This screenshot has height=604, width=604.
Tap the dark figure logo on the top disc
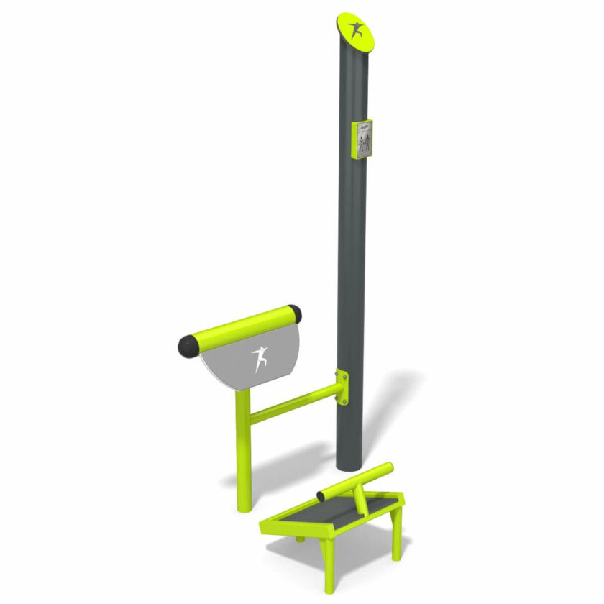coord(357,31)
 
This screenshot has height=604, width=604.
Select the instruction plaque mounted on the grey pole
coord(362,139)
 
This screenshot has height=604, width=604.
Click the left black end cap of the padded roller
coord(188,346)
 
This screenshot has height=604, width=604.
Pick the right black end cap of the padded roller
coord(295,314)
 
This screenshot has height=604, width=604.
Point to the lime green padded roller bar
coord(241,330)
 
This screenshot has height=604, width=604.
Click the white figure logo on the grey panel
coord(260,360)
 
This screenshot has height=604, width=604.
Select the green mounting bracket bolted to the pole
coord(342,388)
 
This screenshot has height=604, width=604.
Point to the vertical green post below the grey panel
coord(244,449)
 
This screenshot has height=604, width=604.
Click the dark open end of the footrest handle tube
coord(321,496)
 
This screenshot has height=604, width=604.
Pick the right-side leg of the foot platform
coord(396,536)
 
